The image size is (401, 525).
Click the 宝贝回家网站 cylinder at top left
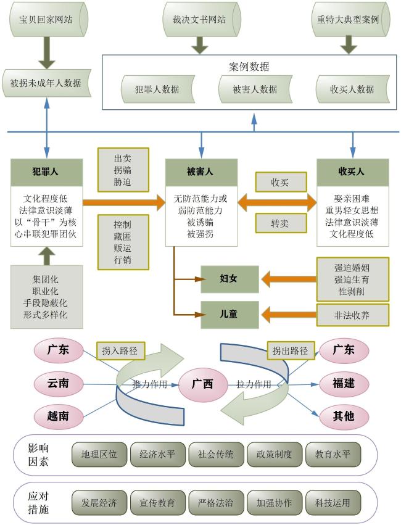[x=47, y=19]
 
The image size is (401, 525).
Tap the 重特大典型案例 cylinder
[x=350, y=19]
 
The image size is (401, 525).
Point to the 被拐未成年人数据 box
[x=46, y=83]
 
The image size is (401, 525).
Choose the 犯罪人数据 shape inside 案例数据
[x=158, y=89]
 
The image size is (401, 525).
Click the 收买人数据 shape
[x=353, y=89]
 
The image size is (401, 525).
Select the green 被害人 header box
[x=201, y=172]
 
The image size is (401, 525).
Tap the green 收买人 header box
[x=353, y=172]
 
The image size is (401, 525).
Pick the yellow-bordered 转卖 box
[x=281, y=223]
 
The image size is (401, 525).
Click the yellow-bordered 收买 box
[x=281, y=182]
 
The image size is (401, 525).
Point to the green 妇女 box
[x=229, y=279]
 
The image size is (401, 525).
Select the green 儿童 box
[x=229, y=315]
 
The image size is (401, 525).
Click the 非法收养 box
[x=353, y=315]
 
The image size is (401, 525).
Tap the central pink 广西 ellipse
[x=203, y=384]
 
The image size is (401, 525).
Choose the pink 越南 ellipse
[x=59, y=416]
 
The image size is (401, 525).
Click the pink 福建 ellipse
[x=344, y=384]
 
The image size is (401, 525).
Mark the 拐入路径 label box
[x=121, y=351]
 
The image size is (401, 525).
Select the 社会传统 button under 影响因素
[x=216, y=454]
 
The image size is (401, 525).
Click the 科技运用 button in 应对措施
[x=333, y=503]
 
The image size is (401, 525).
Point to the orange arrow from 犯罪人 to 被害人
[x=124, y=202]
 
